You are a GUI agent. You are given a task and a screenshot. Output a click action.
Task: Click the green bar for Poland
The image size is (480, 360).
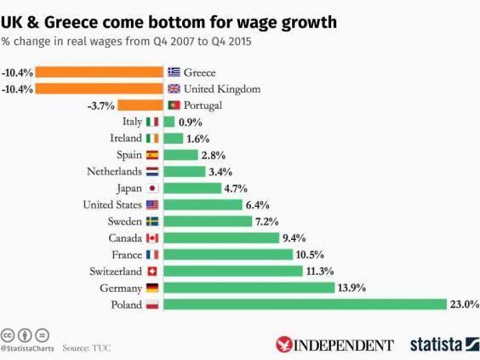click(x=305, y=304)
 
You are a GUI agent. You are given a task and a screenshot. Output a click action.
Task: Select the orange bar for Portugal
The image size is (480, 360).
click(x=140, y=106)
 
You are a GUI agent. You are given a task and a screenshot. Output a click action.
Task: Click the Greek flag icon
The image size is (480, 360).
click(x=174, y=72)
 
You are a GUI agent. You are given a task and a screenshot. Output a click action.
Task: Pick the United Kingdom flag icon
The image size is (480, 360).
click(x=174, y=89)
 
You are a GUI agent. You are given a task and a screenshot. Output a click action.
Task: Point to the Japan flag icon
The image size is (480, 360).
click(x=152, y=188)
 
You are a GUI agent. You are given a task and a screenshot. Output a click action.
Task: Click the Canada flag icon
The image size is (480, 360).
click(x=152, y=237)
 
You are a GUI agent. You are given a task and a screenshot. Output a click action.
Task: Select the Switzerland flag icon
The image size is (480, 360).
click(x=152, y=271)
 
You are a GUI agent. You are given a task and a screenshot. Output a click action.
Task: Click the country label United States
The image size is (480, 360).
click(x=112, y=204)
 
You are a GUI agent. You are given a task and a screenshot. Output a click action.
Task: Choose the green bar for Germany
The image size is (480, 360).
click(x=249, y=288)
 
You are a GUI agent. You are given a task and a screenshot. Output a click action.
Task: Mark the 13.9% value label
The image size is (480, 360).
click(x=351, y=288)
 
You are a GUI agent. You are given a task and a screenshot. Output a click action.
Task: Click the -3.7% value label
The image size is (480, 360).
click(x=100, y=106)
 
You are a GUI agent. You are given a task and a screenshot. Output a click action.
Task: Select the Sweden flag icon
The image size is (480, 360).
click(x=152, y=221)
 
